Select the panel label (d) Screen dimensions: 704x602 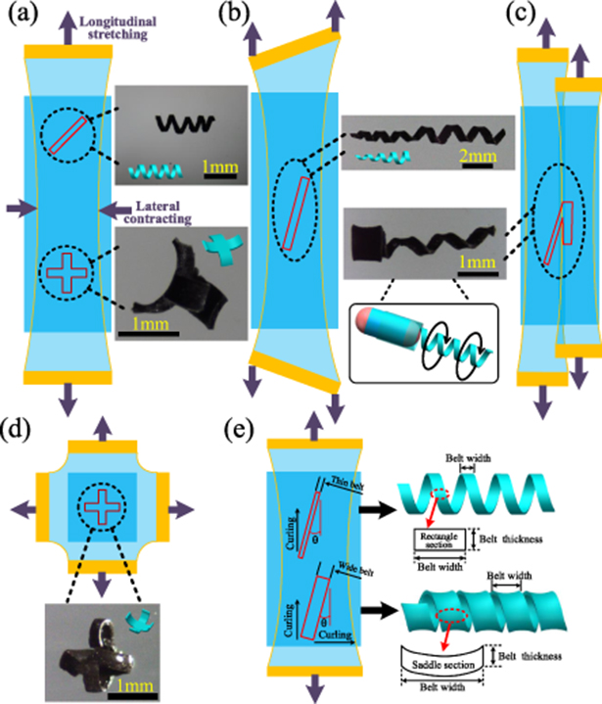click(x=21, y=430)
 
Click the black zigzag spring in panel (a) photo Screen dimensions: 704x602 click(x=176, y=124)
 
